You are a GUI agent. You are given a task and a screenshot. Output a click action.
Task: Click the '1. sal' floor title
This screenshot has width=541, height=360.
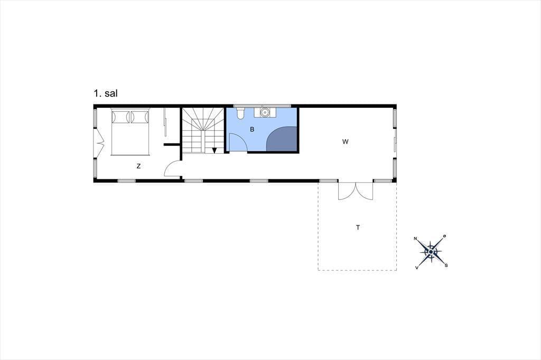(106, 93)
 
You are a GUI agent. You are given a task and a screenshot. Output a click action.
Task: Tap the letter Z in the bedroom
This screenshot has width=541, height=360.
(139, 166)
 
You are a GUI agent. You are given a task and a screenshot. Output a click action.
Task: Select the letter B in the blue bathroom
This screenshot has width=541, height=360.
(252, 130)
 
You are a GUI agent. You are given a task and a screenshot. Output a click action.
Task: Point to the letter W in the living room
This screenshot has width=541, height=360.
(346, 141)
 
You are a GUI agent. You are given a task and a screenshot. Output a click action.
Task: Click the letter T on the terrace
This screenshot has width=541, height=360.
(358, 228)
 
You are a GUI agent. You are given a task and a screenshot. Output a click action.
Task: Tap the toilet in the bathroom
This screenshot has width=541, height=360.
(241, 113)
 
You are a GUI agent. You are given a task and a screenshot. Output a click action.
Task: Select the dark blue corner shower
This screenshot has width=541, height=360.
(282, 139)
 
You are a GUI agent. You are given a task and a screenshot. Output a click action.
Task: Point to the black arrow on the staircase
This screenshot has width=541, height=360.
(214, 150)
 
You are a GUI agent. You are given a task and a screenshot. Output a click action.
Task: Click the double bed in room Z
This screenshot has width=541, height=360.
(130, 132)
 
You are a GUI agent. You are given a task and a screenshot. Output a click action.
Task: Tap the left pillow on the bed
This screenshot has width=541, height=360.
(121, 116)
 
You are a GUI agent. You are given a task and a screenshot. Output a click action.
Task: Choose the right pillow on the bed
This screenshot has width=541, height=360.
(139, 116)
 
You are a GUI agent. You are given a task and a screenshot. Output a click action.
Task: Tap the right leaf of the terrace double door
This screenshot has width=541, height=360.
(365, 192)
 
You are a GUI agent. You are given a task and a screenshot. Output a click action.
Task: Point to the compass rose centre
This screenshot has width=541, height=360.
(431, 252)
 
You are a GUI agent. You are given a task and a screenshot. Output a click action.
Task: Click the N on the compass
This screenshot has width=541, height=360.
(416, 238)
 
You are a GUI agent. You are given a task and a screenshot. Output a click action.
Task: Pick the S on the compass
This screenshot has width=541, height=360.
(446, 265)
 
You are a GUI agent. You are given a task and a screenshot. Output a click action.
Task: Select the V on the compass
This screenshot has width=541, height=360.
(417, 268)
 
